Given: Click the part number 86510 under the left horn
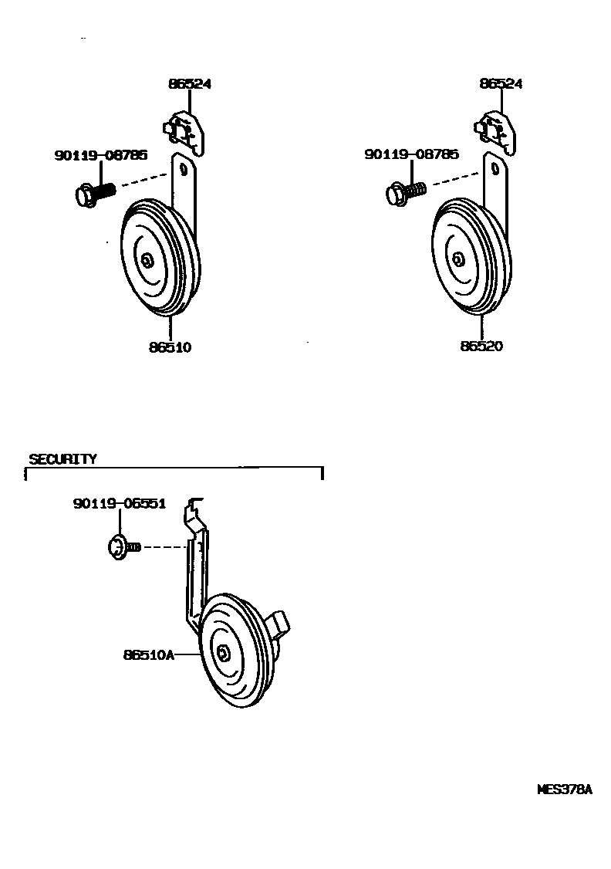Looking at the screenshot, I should (170, 347).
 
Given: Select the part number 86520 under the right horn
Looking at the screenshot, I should (481, 347).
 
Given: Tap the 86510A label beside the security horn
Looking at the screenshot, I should (149, 656).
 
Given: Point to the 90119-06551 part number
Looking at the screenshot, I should (120, 503).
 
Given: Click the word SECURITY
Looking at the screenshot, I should (62, 459).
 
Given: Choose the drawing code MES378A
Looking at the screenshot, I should (564, 790).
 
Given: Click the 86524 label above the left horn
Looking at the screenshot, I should (190, 84).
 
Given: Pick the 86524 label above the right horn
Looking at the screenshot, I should (501, 83).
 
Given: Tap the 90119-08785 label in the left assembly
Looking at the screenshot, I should (100, 155).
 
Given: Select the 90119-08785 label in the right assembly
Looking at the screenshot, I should (411, 154).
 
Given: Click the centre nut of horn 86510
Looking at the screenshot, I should (147, 260).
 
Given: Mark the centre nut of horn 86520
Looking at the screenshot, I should (458, 259).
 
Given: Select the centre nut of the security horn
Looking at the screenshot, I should (223, 653).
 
